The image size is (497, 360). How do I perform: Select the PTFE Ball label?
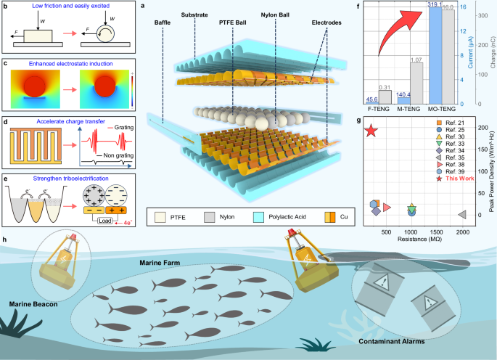233,22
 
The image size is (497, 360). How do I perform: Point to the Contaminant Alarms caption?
389,338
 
